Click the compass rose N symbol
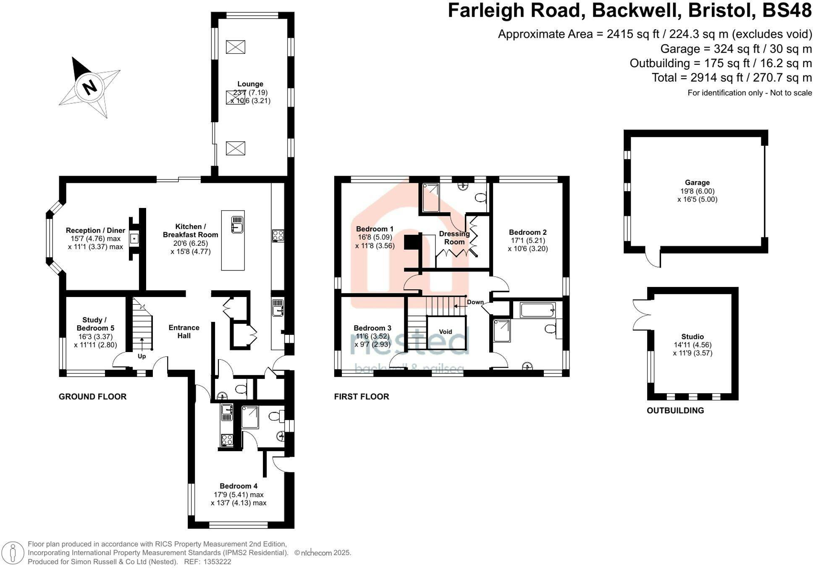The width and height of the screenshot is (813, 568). pyautogui.click(x=89, y=87)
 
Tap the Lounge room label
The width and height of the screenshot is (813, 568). pyautogui.click(x=250, y=84)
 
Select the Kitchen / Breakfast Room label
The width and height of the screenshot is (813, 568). pyautogui.click(x=190, y=231)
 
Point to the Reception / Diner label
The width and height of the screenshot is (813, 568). pyautogui.click(x=95, y=230)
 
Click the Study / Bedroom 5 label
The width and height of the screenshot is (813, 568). pyautogui.click(x=95, y=324)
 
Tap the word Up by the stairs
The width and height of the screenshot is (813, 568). pyautogui.click(x=142, y=356)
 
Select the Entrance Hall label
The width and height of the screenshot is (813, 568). pyautogui.click(x=184, y=331)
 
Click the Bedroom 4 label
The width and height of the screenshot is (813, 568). pyautogui.click(x=239, y=486)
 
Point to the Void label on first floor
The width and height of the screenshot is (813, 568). pyautogui.click(x=446, y=331)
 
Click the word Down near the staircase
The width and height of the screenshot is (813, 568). pyautogui.click(x=475, y=302)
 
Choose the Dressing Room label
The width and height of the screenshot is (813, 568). pyautogui.click(x=454, y=238)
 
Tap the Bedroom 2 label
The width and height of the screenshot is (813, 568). pyautogui.click(x=528, y=232)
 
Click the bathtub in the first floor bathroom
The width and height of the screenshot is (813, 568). pyautogui.click(x=538, y=310)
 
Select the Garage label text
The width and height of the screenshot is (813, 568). pyautogui.click(x=697, y=182)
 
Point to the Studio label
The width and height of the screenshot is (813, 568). pyautogui.click(x=692, y=337)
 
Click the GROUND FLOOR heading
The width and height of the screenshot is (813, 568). pyautogui.click(x=92, y=397)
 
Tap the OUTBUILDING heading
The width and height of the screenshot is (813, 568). pyautogui.click(x=675, y=410)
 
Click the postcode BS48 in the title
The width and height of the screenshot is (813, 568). pyautogui.click(x=787, y=11)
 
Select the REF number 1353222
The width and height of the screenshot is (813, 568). pyautogui.click(x=217, y=562)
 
